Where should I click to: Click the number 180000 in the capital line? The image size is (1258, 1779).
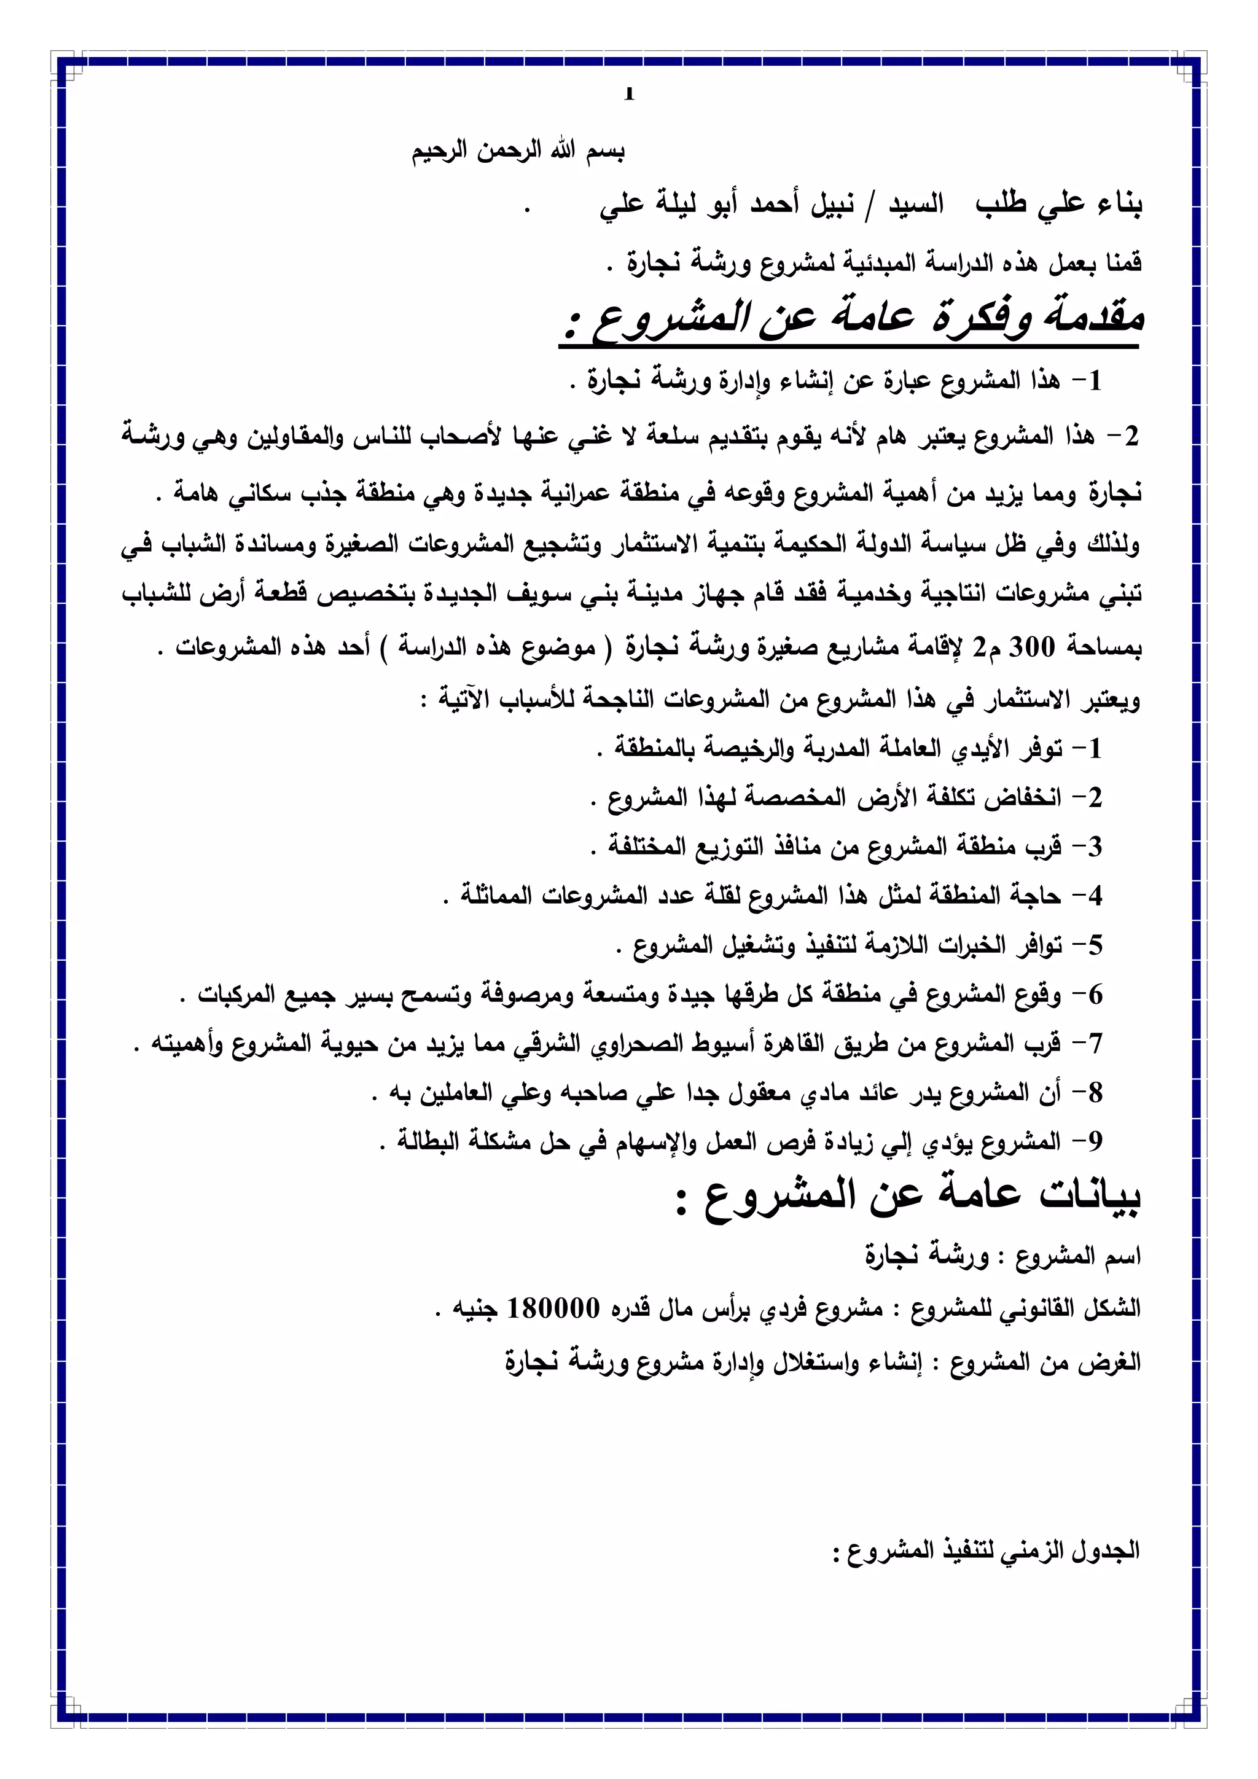click(553, 1308)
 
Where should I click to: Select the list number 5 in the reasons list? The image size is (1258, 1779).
click(1095, 945)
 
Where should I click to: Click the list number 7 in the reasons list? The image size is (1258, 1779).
click(1095, 1044)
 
